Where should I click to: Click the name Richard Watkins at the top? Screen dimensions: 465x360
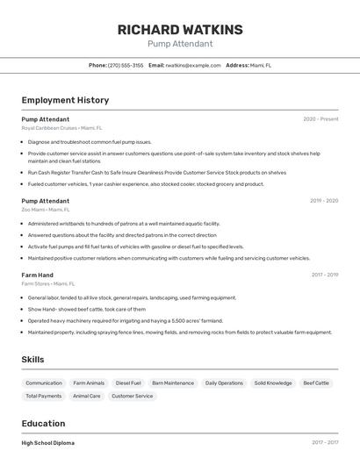point(180,29)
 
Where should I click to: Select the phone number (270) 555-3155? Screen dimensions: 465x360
point(126,66)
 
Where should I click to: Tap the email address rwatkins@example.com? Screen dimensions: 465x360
point(193,66)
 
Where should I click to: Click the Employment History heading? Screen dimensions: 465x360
point(65,100)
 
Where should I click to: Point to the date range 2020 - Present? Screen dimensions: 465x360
point(320,119)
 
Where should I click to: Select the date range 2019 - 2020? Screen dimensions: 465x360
point(324,201)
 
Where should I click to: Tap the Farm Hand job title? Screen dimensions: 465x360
point(38,275)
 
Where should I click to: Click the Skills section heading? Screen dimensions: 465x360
point(33,360)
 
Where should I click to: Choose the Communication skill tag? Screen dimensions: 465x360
point(44,383)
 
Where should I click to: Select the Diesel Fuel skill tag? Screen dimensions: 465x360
point(128,383)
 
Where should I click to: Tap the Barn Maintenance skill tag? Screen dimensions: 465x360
point(173,383)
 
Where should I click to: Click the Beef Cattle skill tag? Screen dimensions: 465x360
point(316,383)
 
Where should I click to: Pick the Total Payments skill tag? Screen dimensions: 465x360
point(44,396)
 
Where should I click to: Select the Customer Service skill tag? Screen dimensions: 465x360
point(133,396)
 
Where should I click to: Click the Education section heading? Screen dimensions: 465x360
point(43,424)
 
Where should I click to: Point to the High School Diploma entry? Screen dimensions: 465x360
point(48,443)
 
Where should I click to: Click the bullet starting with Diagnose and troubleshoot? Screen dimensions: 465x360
point(90,141)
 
